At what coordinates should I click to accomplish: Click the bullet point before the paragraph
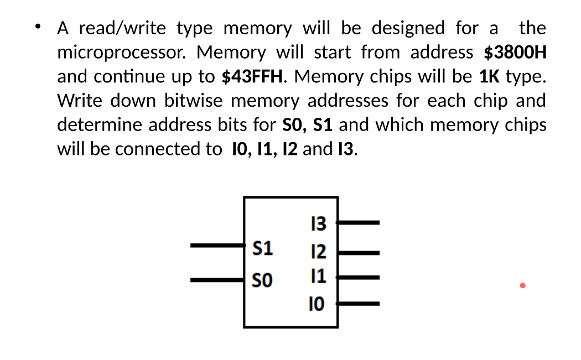click(38, 26)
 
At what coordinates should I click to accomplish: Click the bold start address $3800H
click(515, 53)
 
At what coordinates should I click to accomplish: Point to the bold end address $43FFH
click(254, 76)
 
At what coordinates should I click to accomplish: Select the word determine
click(102, 125)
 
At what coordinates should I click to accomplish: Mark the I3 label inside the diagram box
click(319, 224)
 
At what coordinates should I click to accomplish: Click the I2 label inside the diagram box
click(319, 253)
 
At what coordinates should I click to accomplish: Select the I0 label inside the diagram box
click(319, 304)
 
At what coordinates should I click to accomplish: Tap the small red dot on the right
click(522, 286)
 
